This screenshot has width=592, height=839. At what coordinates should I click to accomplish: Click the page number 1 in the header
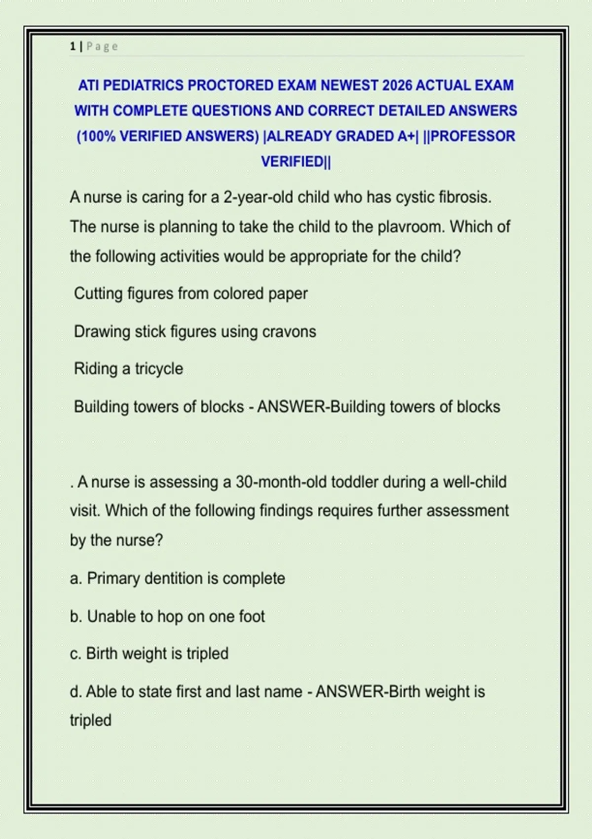(73, 46)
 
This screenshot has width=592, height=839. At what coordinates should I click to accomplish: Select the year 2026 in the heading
(397, 85)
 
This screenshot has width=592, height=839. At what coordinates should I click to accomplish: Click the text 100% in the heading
(98, 136)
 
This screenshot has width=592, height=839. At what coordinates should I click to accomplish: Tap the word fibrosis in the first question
(464, 197)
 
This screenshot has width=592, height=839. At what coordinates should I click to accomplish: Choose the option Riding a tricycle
(128, 369)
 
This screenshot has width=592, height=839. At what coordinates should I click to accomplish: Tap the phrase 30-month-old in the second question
(281, 482)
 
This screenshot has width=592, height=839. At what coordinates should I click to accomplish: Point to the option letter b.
(75, 616)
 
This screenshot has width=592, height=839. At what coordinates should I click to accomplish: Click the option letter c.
(75, 654)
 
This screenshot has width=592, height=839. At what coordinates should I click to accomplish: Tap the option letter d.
(75, 692)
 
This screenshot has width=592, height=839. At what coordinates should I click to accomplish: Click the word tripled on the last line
(90, 721)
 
